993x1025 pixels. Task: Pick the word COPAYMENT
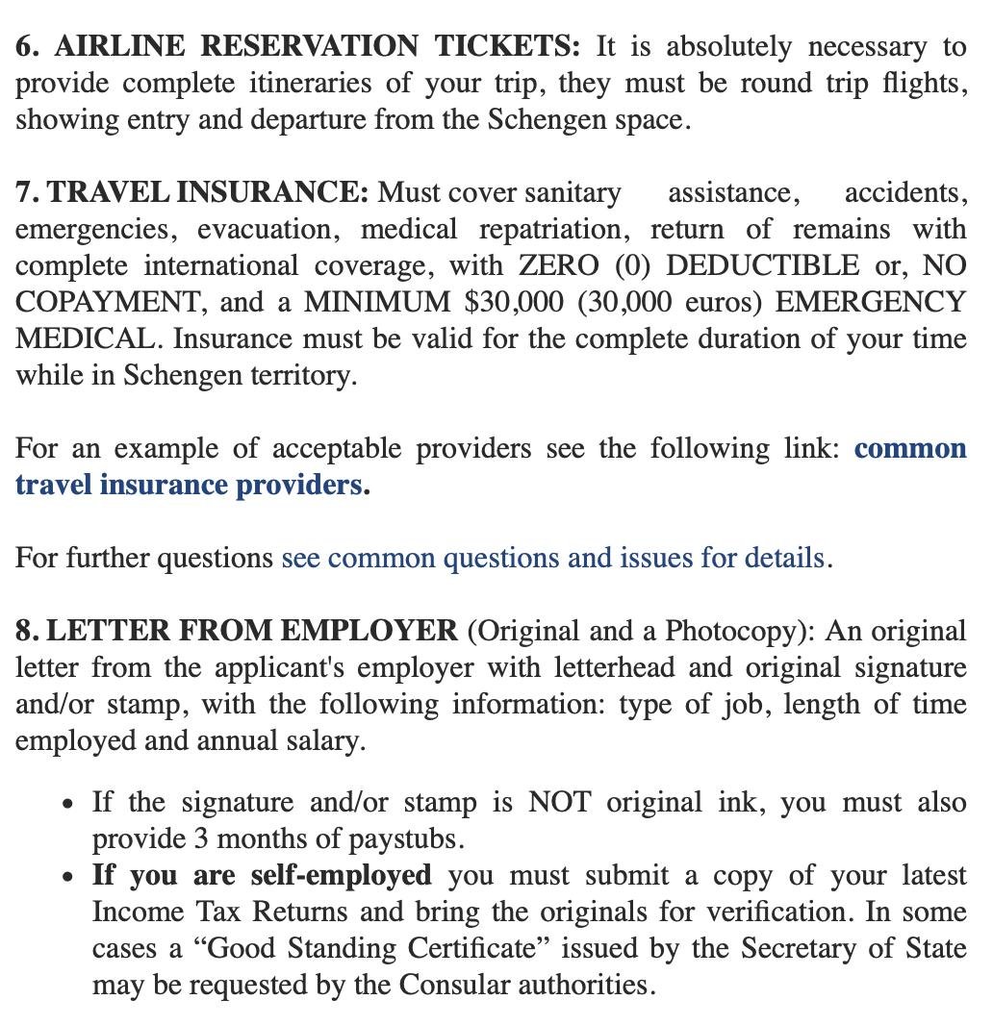pos(109,302)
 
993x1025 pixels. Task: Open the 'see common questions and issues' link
pos(552,558)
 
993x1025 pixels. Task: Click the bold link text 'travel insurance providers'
pos(189,485)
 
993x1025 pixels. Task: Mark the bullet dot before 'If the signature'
pos(65,803)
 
